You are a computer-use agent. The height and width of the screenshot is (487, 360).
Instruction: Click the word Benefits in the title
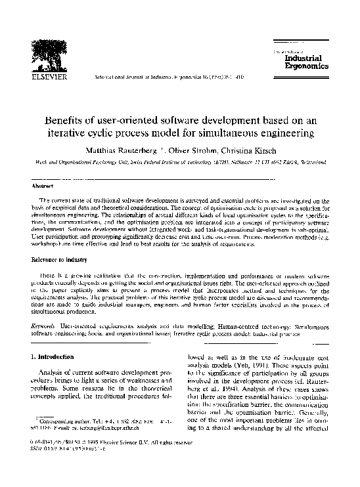(x=66, y=120)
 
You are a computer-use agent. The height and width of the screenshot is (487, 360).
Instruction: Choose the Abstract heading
(x=43, y=186)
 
